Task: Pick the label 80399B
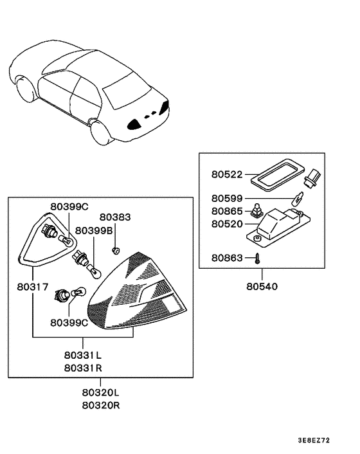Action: [x=94, y=230]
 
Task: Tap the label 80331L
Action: [x=82, y=356]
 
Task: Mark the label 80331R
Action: [x=82, y=368]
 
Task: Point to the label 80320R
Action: [x=100, y=406]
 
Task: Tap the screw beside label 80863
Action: [x=256, y=259]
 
